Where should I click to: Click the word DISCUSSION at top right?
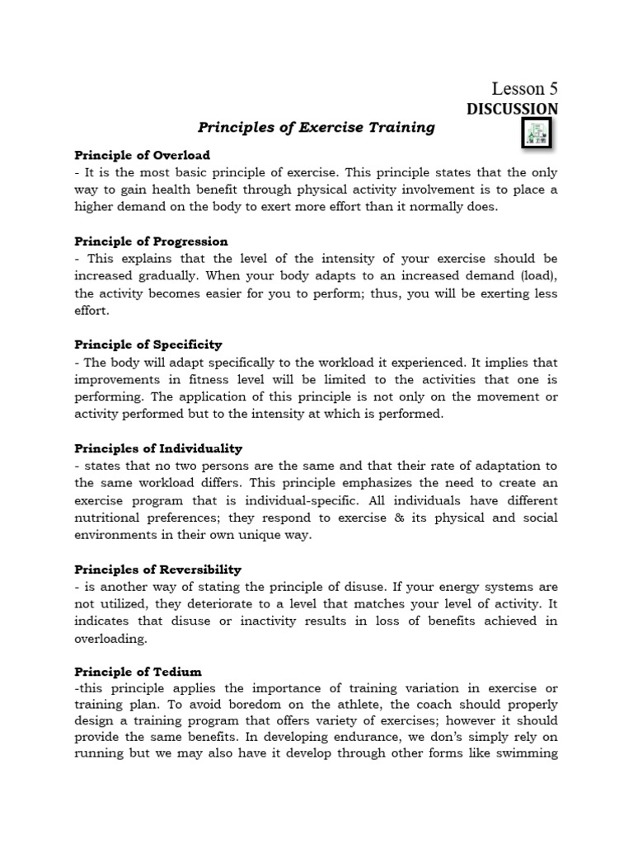[512, 109]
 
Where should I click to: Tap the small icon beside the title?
[537, 132]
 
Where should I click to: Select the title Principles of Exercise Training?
[316, 128]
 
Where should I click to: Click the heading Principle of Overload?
[143, 155]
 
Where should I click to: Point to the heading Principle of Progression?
[151, 241]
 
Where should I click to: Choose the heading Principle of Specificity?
[148, 345]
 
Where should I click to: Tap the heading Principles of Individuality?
[158, 448]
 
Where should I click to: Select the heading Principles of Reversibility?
[157, 569]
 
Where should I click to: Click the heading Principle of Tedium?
[138, 672]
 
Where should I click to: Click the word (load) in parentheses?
[537, 276]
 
